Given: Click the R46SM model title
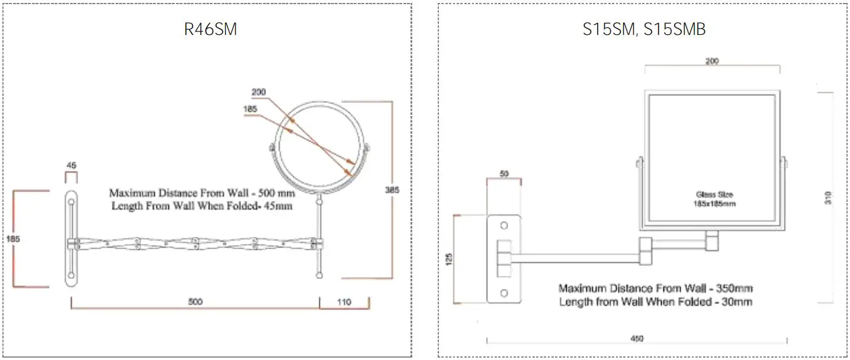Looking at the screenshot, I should click(x=210, y=30).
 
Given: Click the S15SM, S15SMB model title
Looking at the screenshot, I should click(x=644, y=30).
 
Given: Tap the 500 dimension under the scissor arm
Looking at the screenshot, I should click(x=195, y=302).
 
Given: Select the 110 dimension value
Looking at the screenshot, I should click(x=344, y=302).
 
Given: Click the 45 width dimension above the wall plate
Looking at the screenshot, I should click(x=71, y=166).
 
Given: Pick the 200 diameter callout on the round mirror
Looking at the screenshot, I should click(x=259, y=92).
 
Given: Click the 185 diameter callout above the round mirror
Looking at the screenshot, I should click(x=251, y=109).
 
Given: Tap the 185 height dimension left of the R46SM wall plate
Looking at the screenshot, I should click(x=8, y=239).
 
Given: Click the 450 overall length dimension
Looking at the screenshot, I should click(x=637, y=339).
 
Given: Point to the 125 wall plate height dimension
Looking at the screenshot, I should click(x=448, y=259).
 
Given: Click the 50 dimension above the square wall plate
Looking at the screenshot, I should click(x=504, y=174).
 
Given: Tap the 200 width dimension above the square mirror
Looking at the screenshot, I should click(x=713, y=62).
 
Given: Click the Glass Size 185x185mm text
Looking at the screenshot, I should click(x=714, y=199).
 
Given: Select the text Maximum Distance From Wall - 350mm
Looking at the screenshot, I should click(x=656, y=288).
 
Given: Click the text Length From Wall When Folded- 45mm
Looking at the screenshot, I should click(x=202, y=206).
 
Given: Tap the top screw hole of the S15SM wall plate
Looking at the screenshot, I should click(x=504, y=226).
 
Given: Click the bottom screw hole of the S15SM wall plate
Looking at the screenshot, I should click(x=504, y=292).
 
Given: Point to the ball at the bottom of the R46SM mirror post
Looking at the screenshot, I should click(x=320, y=275).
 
